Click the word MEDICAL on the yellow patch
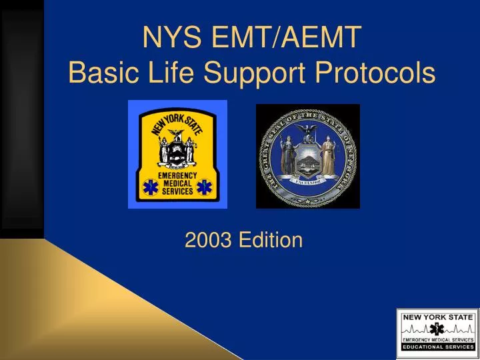pyautogui.click(x=177, y=183)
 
